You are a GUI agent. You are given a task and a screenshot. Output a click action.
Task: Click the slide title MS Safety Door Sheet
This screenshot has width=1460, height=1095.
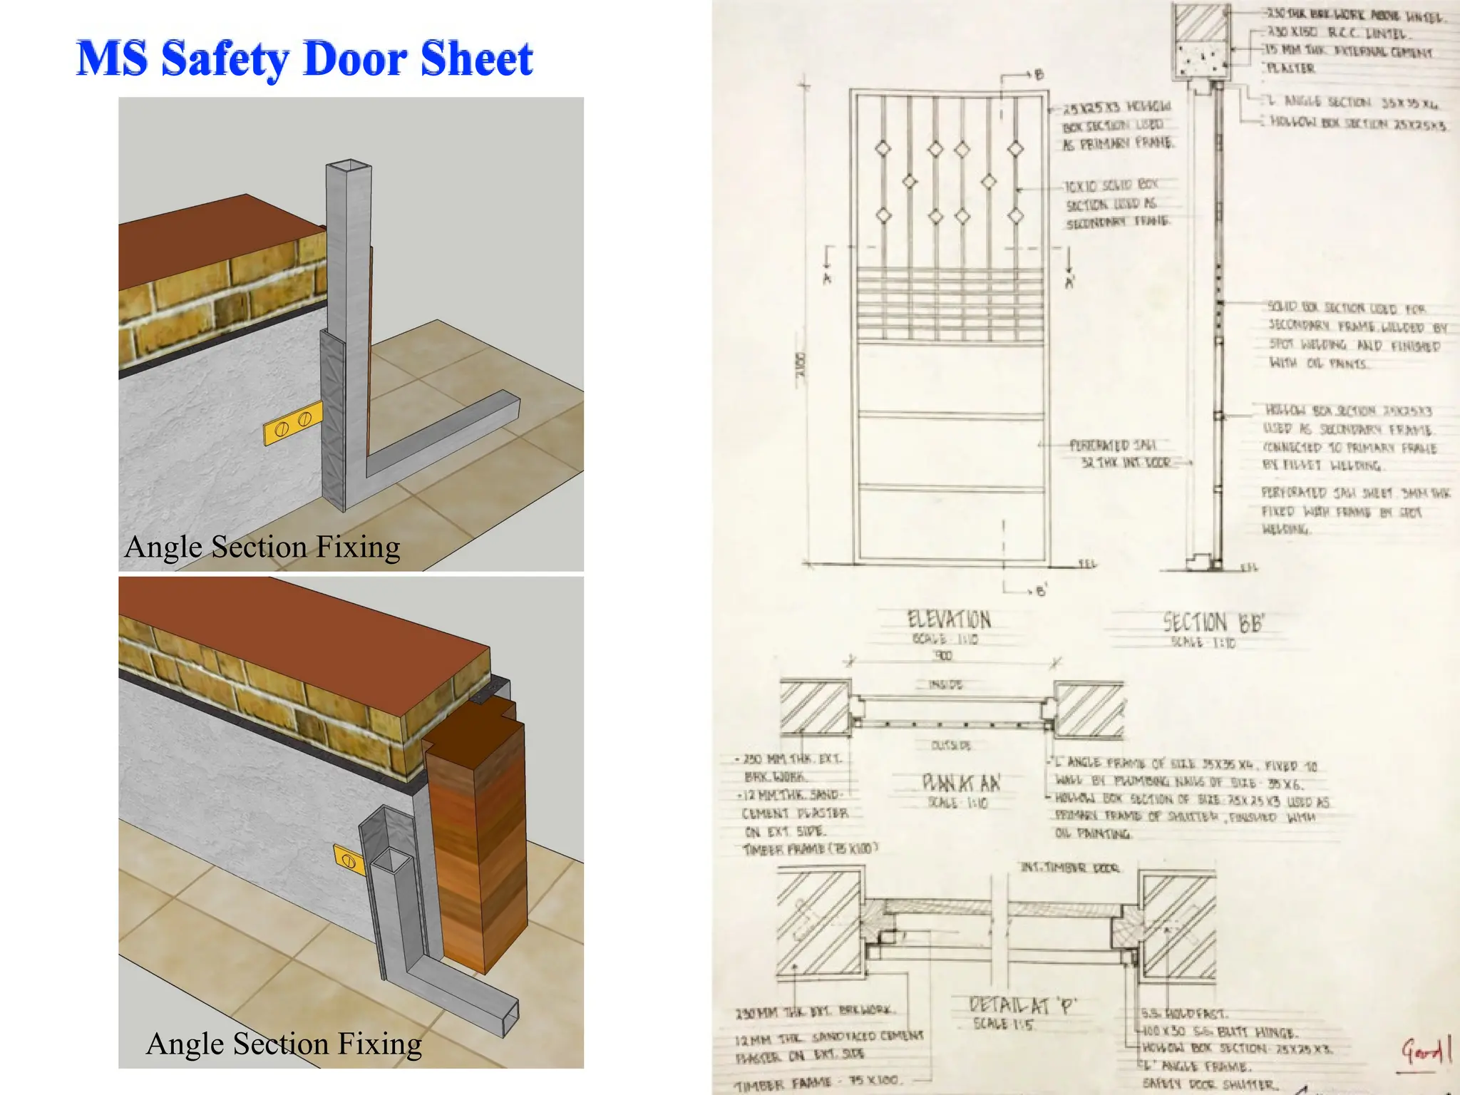[x=304, y=58]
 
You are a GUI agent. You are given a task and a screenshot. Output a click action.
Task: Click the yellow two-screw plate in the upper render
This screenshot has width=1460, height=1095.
[x=293, y=423]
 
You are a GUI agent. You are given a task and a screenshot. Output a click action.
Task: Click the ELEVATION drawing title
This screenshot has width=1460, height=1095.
[x=948, y=620]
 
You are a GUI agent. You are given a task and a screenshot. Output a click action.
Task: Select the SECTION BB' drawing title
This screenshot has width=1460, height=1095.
[x=1213, y=623]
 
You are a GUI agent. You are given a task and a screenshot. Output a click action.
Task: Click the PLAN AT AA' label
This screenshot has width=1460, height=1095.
[x=960, y=783]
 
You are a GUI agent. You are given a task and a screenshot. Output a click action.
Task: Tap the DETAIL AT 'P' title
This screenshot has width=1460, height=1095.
[x=1022, y=1006]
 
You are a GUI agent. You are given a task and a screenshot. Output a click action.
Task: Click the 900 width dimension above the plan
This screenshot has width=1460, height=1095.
[x=943, y=656]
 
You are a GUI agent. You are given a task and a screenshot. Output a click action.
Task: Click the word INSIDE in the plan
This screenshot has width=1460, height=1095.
[x=945, y=685]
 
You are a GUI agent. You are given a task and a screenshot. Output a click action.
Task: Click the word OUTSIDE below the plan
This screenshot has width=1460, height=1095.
[x=950, y=746]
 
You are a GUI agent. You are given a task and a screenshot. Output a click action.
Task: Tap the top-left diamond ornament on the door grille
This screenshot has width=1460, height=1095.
[x=883, y=149]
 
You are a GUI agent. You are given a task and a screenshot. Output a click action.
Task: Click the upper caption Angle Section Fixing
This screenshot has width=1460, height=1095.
[x=262, y=547]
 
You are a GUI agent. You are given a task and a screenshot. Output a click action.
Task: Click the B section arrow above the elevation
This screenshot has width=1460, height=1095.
[x=1038, y=75]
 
